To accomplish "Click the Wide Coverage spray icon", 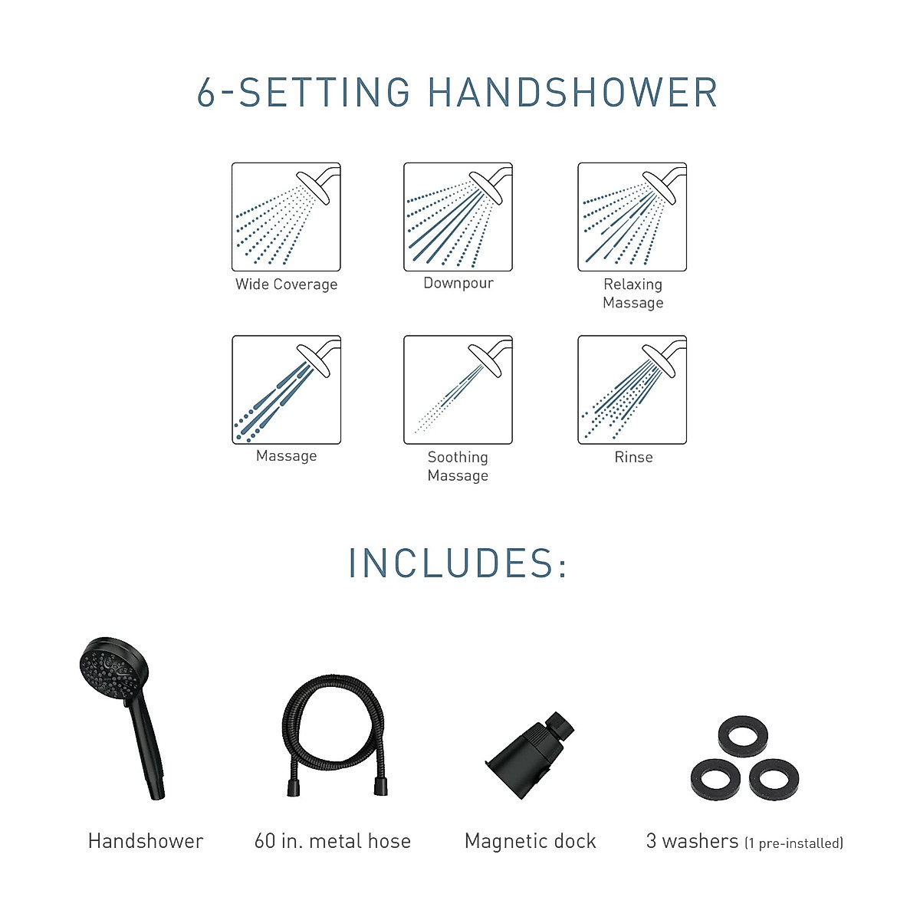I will click(286, 217).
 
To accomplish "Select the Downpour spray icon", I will click(458, 217).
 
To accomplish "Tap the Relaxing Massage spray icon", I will click(632, 217).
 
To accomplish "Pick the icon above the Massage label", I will click(286, 389).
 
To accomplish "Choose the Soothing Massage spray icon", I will click(458, 389).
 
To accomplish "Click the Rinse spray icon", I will click(632, 389).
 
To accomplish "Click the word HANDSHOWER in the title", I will click(572, 93).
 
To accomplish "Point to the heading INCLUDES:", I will click(458, 563).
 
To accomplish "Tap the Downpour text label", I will click(458, 283).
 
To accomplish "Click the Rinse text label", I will click(633, 457).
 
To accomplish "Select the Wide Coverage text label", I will click(286, 284).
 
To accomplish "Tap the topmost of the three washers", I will click(742, 738).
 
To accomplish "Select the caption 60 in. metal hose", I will click(332, 841).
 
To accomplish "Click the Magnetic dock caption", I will click(530, 841).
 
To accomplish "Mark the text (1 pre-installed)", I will click(793, 843).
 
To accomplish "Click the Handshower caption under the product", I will click(146, 841).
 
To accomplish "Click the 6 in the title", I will click(206, 93).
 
